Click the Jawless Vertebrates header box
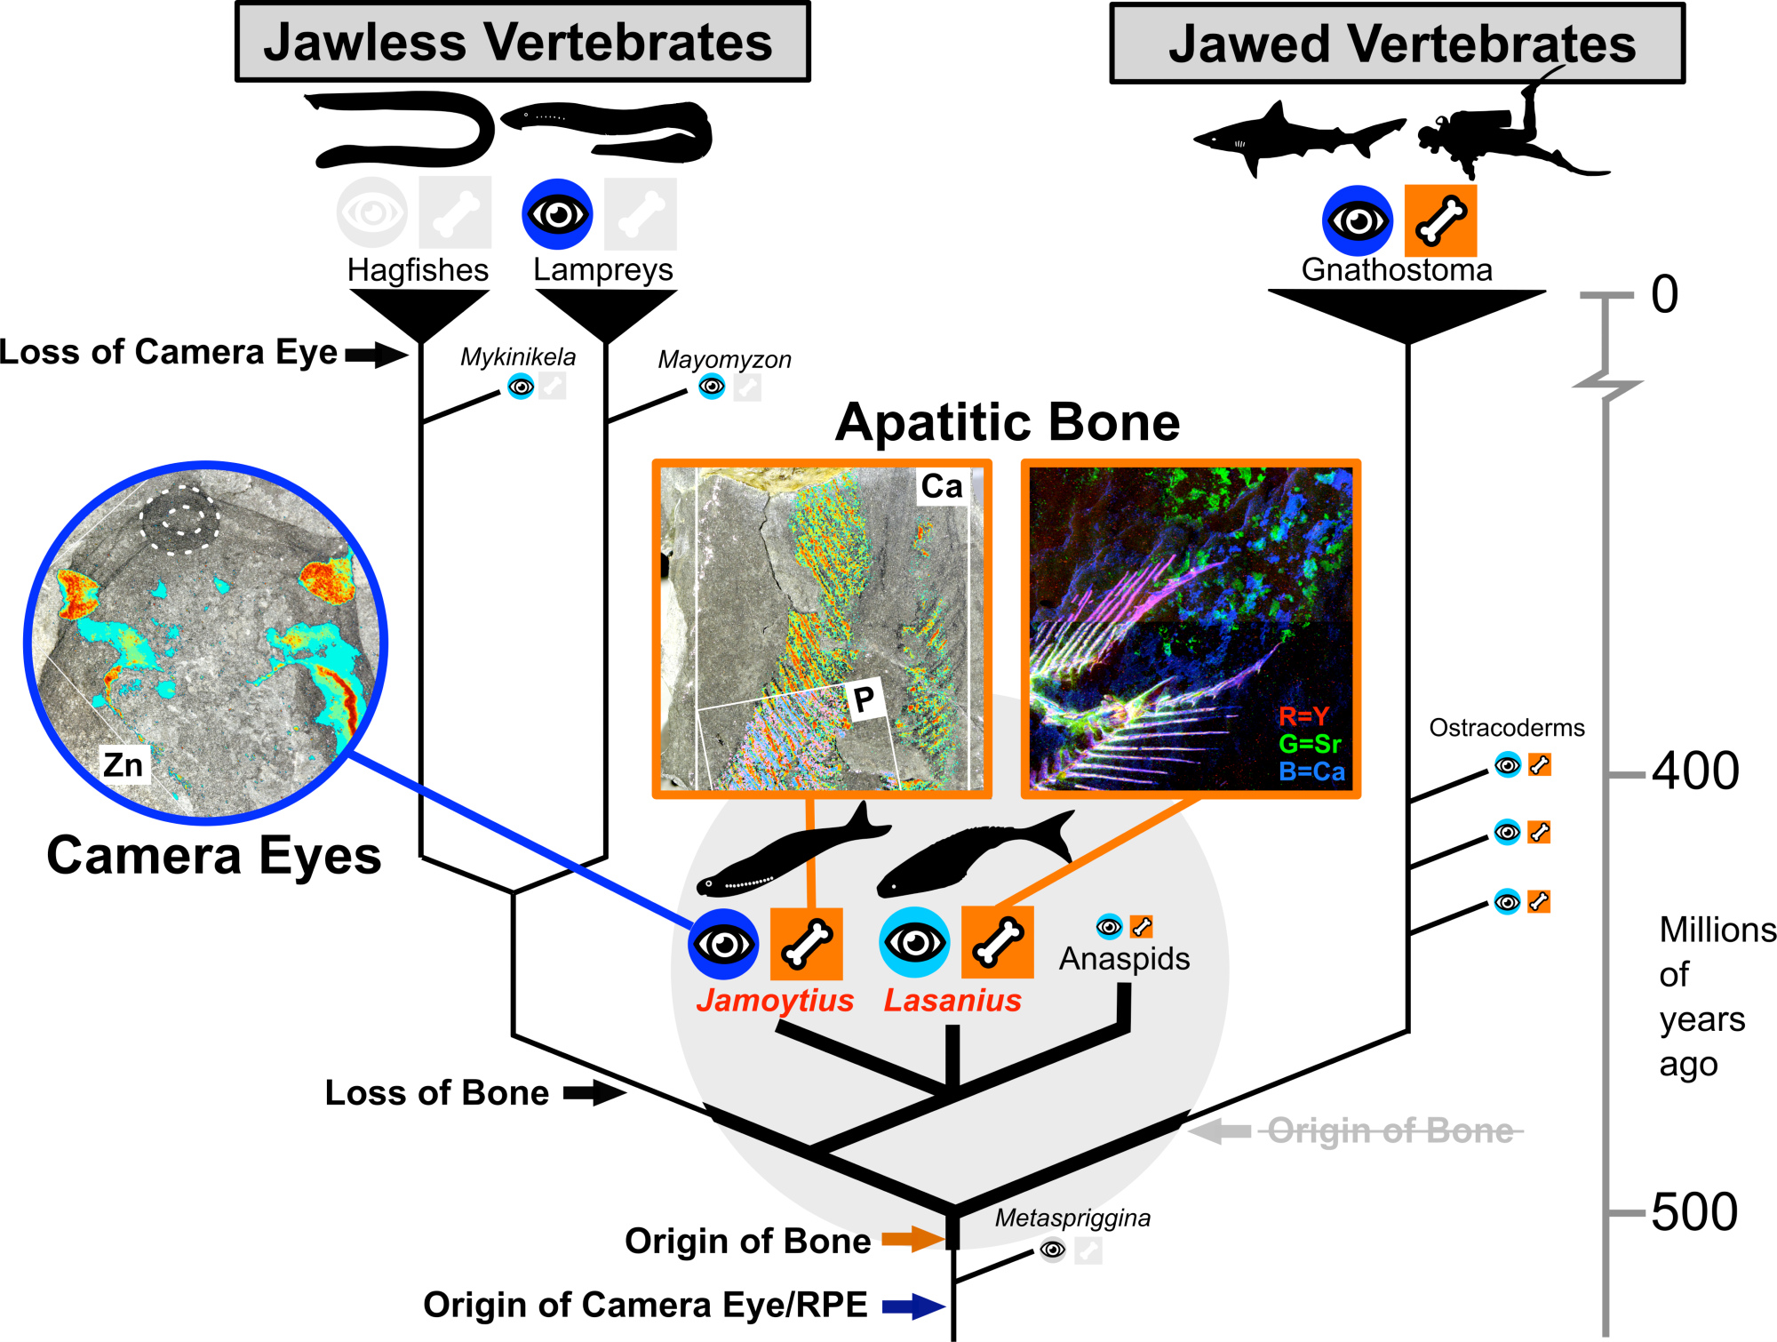(522, 42)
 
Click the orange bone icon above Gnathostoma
(1440, 220)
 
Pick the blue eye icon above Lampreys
(557, 214)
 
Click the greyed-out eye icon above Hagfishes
(372, 212)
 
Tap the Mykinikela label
(517, 356)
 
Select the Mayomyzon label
(724, 359)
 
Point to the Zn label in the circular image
(123, 764)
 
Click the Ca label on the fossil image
(941, 486)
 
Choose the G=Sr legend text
(1310, 743)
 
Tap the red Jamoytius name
(775, 1000)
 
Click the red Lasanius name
(952, 1000)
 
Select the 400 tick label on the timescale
(1694, 771)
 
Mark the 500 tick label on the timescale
(1694, 1211)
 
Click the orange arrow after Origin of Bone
(912, 1239)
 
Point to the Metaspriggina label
(1072, 1218)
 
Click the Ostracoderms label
(1506, 728)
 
